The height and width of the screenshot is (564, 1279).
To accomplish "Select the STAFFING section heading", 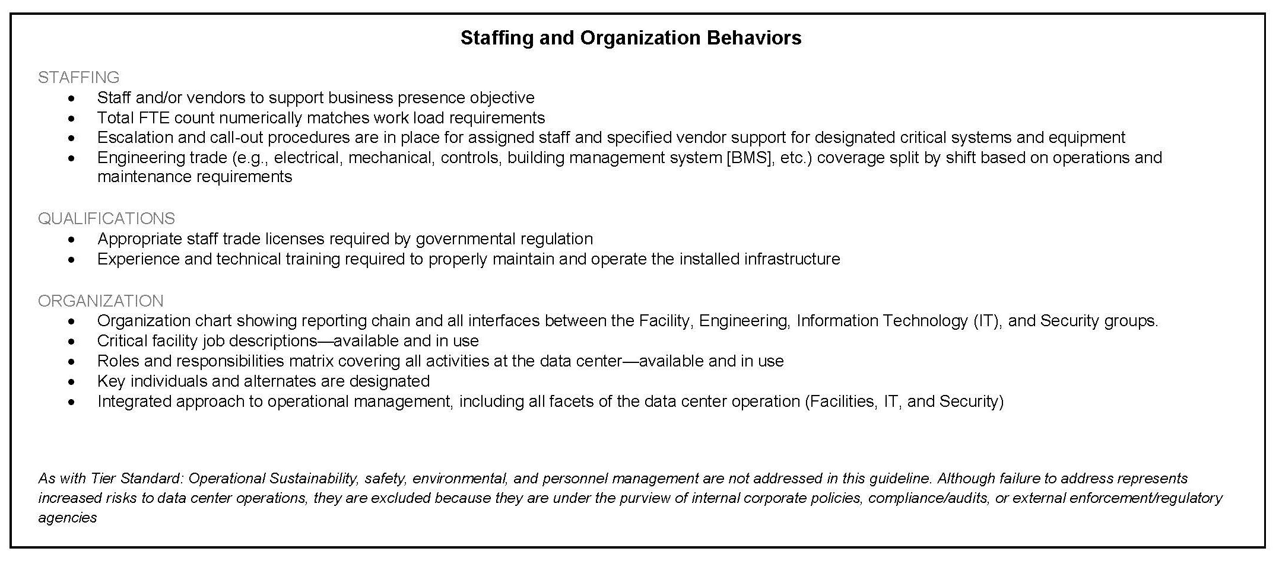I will coord(78,78).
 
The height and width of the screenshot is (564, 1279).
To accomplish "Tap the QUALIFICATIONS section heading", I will coord(106,219).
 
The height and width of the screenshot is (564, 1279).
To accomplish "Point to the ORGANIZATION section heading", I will coord(100,301).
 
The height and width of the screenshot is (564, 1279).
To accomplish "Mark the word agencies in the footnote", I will coord(67,518).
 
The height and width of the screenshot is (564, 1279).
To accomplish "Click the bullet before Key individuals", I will coord(72,381).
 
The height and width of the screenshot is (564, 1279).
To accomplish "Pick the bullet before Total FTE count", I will coord(72,118).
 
